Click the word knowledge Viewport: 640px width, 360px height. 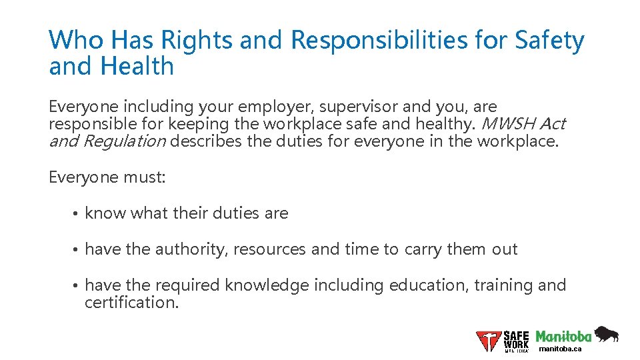point(267,285)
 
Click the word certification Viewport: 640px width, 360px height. point(132,302)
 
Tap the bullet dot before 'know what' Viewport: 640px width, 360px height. point(77,214)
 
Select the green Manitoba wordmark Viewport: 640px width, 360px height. point(564,336)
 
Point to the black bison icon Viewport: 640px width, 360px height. point(607,333)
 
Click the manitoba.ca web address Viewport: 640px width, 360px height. point(560,349)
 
